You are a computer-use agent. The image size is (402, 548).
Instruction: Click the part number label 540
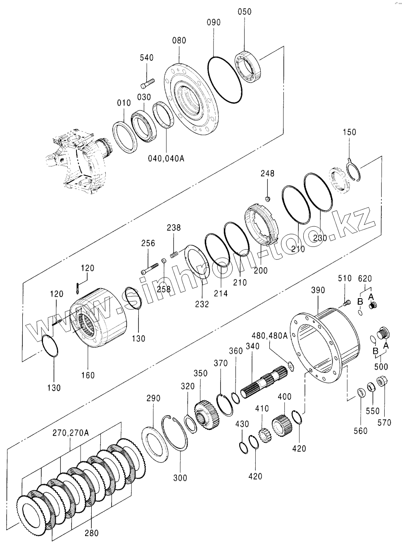[146, 58]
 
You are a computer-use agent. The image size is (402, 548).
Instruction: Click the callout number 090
[214, 22]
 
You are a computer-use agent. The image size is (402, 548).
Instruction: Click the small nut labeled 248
[268, 199]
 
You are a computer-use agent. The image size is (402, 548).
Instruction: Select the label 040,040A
[166, 159]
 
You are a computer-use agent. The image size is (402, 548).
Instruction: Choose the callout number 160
[88, 375]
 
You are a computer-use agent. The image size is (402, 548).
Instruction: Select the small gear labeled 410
[264, 434]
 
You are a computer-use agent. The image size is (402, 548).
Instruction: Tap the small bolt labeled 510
[346, 304]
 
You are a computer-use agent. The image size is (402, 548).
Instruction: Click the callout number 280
[91, 533]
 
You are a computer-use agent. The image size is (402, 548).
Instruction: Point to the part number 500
[381, 366]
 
